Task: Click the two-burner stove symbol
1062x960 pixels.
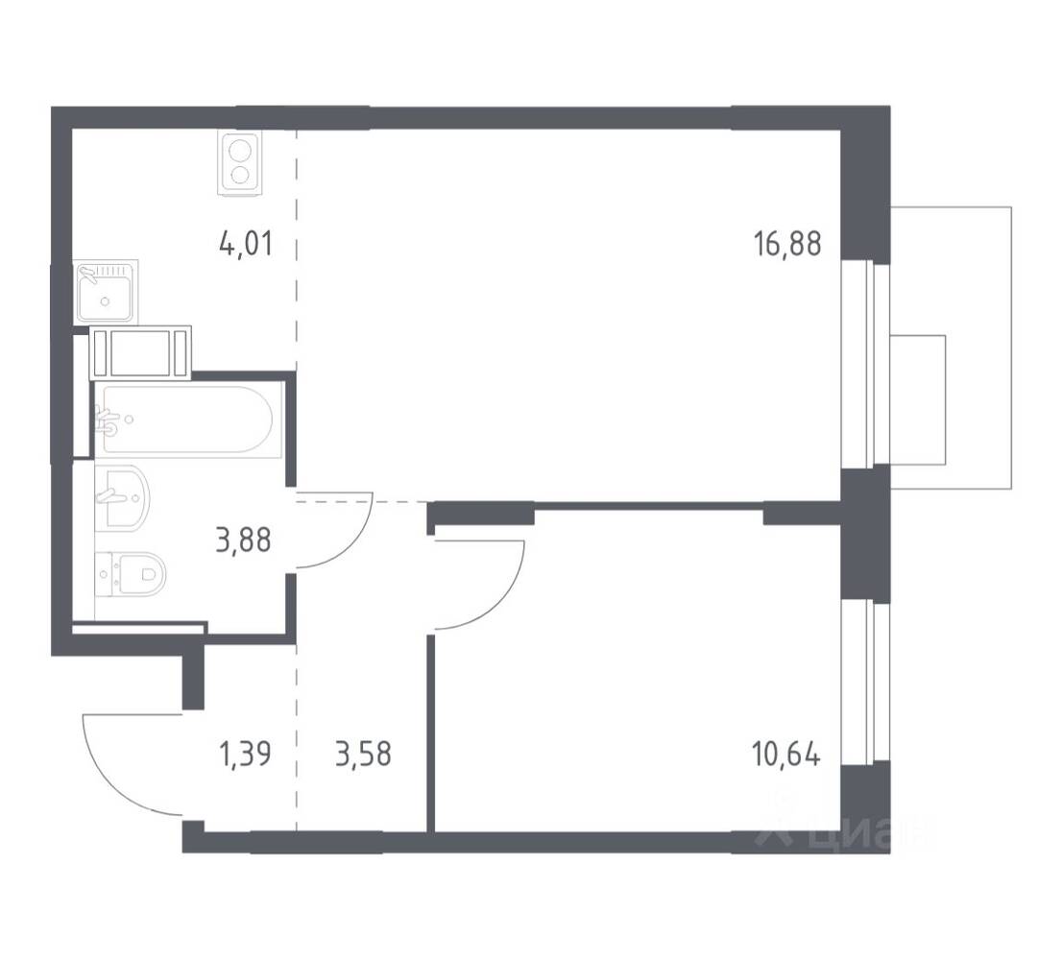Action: click(x=239, y=163)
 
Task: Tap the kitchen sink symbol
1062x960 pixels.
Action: click(x=107, y=292)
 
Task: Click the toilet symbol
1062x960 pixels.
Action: click(x=134, y=575)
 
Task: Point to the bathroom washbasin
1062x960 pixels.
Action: click(x=125, y=496)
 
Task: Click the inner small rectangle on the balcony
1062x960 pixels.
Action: click(x=918, y=399)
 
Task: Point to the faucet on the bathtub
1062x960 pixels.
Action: click(x=109, y=420)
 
